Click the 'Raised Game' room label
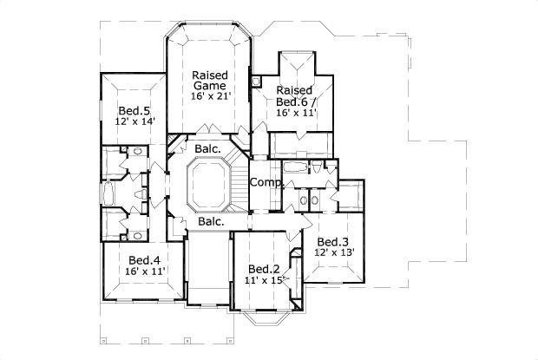(209, 81)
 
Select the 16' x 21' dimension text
(209, 97)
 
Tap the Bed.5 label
(134, 110)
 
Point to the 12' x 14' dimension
(134, 122)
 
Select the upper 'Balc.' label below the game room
(207, 149)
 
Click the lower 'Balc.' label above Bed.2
(211, 222)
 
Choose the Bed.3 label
(332, 241)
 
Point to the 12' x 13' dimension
(334, 252)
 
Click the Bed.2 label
(263, 269)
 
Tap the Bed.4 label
(144, 259)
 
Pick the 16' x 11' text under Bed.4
(145, 272)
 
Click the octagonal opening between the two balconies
(207, 184)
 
